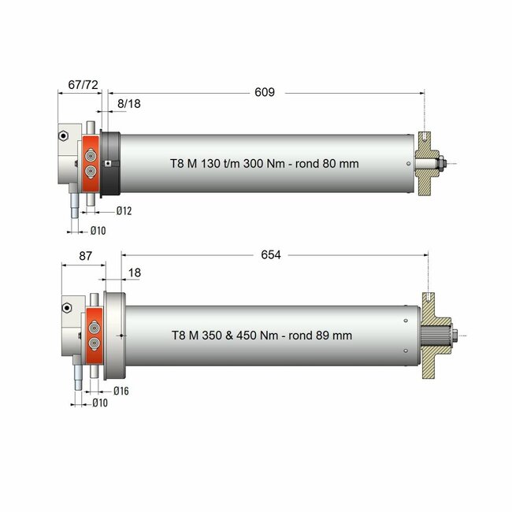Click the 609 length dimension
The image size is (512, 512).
(264, 93)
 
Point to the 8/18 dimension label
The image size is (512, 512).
(130, 103)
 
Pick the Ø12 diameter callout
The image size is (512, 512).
(122, 212)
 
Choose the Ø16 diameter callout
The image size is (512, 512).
(121, 391)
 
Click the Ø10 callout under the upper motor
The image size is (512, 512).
(98, 230)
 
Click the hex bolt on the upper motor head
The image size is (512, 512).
(62, 135)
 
